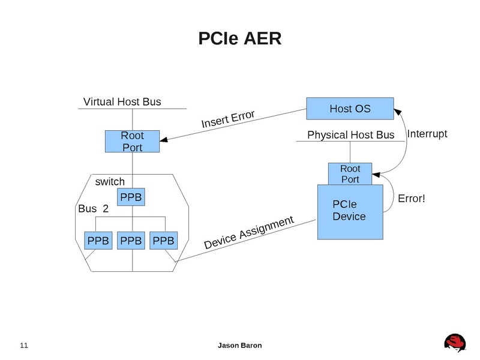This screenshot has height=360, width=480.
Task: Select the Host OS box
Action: tap(350, 109)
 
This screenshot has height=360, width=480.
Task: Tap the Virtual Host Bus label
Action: tap(122, 101)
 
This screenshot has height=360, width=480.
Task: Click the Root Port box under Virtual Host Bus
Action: tap(132, 142)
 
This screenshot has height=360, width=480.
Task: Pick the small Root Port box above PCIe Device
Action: tap(350, 174)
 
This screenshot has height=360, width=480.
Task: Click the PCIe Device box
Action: tap(349, 212)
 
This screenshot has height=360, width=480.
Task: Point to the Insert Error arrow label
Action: tap(228, 119)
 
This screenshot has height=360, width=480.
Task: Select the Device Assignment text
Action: tap(249, 233)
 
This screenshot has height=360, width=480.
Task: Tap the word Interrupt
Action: tap(427, 134)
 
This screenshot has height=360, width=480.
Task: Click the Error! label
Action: tap(412, 197)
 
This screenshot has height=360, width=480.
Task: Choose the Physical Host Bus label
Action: tap(351, 135)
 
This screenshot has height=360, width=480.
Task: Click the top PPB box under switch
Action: tap(132, 197)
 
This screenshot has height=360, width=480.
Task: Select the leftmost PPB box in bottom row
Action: tap(98, 241)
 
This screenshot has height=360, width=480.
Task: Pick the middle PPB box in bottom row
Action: tap(131, 241)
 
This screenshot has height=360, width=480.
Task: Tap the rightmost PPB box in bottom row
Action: tap(164, 241)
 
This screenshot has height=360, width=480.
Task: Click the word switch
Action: tap(110, 181)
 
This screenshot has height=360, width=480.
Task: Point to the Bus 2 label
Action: tap(94, 209)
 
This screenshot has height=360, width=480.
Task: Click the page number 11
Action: tap(24, 346)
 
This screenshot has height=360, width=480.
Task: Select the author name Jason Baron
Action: tap(239, 346)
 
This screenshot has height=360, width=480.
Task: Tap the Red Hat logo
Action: tap(456, 343)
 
